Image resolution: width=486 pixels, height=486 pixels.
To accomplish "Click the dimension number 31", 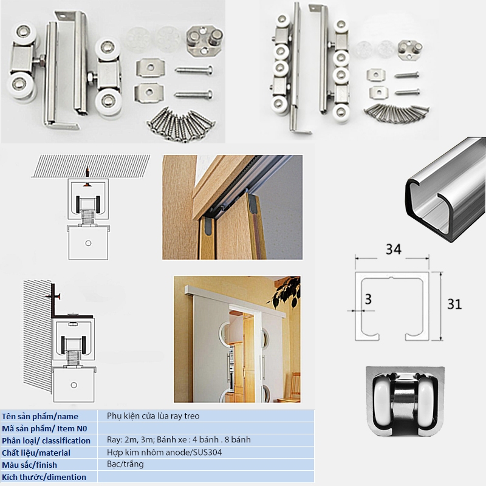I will (x=454, y=304).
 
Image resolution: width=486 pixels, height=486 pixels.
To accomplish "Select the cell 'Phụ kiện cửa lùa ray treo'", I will (x=152, y=416).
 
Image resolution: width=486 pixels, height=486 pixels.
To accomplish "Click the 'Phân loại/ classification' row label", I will (x=46, y=440).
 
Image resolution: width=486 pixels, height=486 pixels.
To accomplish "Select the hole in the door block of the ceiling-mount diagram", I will (x=89, y=242).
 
